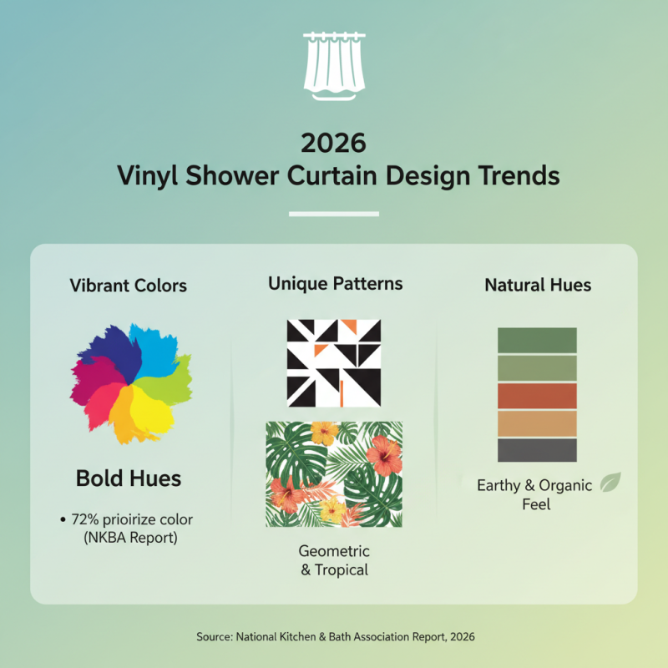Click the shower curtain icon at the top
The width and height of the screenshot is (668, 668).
click(x=333, y=64)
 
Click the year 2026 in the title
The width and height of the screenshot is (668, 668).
click(x=333, y=143)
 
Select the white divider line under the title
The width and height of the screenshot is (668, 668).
click(x=333, y=215)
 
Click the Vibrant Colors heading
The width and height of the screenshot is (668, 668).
click(x=128, y=286)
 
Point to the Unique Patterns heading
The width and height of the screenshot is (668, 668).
click(x=335, y=284)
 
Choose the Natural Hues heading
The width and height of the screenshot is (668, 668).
click(x=538, y=286)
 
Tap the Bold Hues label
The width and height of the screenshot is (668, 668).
click(x=129, y=478)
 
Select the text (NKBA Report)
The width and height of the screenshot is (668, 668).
click(x=130, y=538)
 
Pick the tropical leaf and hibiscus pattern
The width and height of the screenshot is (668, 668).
click(x=334, y=473)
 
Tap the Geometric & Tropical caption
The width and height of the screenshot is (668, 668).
click(x=334, y=560)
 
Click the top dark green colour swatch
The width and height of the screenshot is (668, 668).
click(x=537, y=340)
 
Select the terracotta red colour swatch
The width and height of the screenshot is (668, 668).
click(x=537, y=395)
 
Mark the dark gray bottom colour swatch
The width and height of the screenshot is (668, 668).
click(x=537, y=450)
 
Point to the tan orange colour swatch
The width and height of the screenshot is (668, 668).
click(x=537, y=423)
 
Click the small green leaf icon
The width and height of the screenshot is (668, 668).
click(x=610, y=483)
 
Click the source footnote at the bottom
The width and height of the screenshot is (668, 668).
click(x=335, y=636)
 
